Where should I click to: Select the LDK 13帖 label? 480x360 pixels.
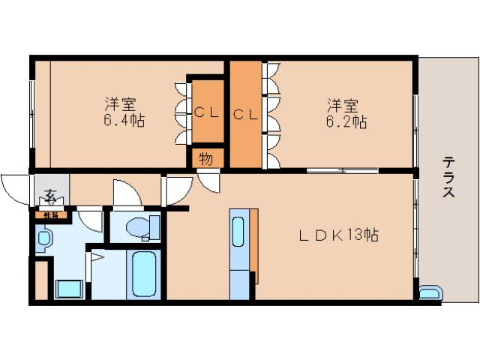click(x=338, y=235)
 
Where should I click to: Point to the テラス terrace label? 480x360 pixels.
click(x=448, y=176)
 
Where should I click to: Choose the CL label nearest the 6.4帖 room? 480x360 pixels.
click(x=206, y=113)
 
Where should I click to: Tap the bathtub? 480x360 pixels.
click(x=143, y=274)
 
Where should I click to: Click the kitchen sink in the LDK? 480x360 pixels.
click(x=238, y=234)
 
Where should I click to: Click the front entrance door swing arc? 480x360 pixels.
click(x=16, y=187)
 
